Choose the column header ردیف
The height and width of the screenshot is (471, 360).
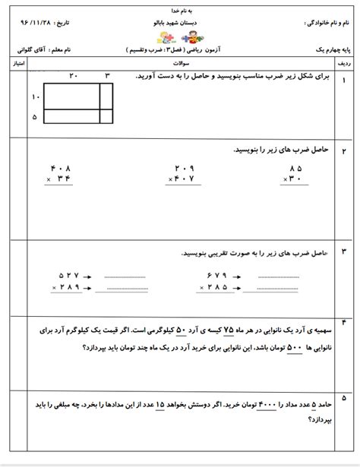[346, 65]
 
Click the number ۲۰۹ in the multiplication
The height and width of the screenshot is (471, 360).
[185, 168]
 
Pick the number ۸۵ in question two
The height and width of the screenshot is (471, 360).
[294, 168]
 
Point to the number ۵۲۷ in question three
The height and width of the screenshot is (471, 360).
[68, 276]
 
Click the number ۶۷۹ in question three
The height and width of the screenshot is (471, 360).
[216, 276]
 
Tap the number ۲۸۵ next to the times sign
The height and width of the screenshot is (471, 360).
[216, 289]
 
